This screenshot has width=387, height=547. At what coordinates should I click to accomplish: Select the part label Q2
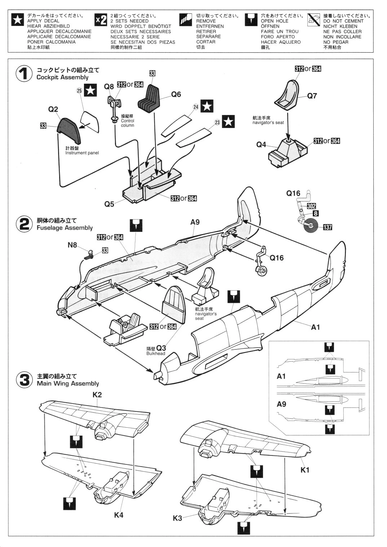tap(53, 109)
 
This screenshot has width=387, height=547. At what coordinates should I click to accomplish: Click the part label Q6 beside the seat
tap(176, 94)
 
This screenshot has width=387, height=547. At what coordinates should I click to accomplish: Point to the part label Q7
tap(312, 96)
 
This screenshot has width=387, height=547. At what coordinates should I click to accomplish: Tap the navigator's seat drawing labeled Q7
tap(292, 93)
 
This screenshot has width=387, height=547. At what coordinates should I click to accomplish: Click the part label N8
tap(72, 245)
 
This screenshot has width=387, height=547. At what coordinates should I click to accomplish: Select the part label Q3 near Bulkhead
tap(161, 348)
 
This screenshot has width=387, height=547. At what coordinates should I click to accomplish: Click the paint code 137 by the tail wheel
tap(327, 227)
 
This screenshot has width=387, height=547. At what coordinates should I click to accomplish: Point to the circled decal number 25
tap(79, 91)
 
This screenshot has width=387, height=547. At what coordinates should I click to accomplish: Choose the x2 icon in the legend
tap(101, 20)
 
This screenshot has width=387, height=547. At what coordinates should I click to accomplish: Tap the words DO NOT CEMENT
tap(343, 21)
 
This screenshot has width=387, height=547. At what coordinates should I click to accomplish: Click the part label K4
tap(119, 515)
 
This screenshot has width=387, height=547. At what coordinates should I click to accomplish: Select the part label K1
tap(305, 470)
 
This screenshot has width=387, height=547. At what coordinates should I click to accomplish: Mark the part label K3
tap(177, 518)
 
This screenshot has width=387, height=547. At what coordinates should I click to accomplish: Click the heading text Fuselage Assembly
tap(64, 228)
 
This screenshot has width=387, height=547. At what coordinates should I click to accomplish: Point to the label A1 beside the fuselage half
tap(315, 327)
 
